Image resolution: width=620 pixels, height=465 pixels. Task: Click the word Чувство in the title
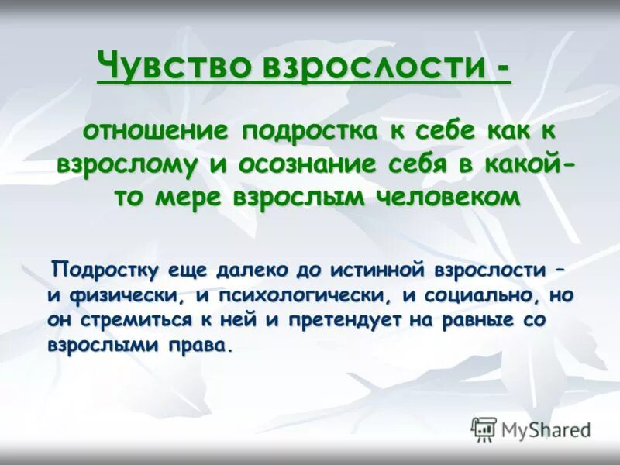174,66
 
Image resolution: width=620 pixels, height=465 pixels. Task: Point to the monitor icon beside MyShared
484,429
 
